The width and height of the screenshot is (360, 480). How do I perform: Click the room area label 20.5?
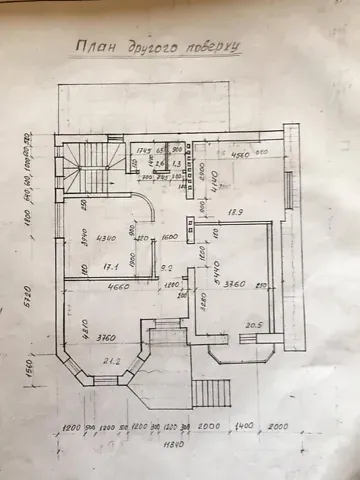(254, 323)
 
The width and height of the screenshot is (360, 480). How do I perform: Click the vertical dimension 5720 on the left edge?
(31, 300)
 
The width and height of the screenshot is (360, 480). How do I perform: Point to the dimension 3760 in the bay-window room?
(107, 336)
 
